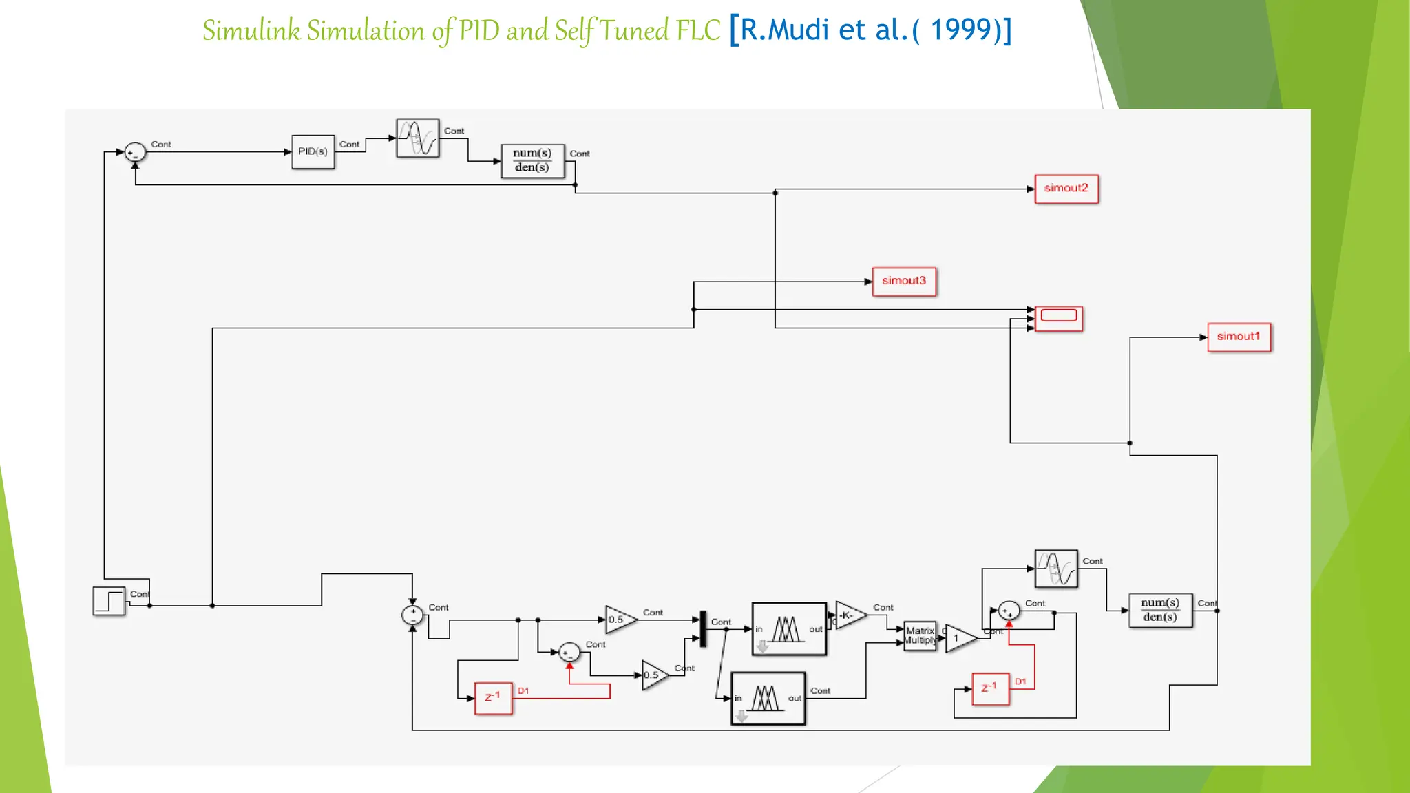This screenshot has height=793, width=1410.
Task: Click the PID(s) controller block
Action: [x=313, y=151]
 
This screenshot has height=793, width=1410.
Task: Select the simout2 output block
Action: [x=1066, y=189]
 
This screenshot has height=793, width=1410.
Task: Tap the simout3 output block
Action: [x=903, y=282]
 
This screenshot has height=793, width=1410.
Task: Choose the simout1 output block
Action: [x=1238, y=337]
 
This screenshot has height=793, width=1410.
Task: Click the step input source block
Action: [x=109, y=601]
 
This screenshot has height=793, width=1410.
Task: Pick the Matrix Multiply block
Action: [x=920, y=635]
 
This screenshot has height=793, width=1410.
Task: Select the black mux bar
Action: [x=703, y=628]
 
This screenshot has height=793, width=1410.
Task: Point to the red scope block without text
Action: [x=1058, y=318]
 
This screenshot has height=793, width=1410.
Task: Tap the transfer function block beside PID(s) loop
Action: [x=532, y=161]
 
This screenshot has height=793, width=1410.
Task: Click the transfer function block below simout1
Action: [x=1160, y=611]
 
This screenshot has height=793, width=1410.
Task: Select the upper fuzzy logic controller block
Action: [x=788, y=629]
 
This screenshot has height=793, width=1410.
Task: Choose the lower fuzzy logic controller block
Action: [x=768, y=698]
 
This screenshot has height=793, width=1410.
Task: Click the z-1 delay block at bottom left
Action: [x=493, y=698]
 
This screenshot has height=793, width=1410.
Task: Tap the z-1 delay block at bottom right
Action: [x=989, y=689]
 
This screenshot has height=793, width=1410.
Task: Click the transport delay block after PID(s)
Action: [x=417, y=138]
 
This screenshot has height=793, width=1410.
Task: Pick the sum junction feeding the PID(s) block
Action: [x=135, y=152]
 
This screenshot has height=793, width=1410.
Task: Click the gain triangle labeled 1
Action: [x=959, y=639]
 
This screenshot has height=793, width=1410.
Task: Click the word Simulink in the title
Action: [x=251, y=31]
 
